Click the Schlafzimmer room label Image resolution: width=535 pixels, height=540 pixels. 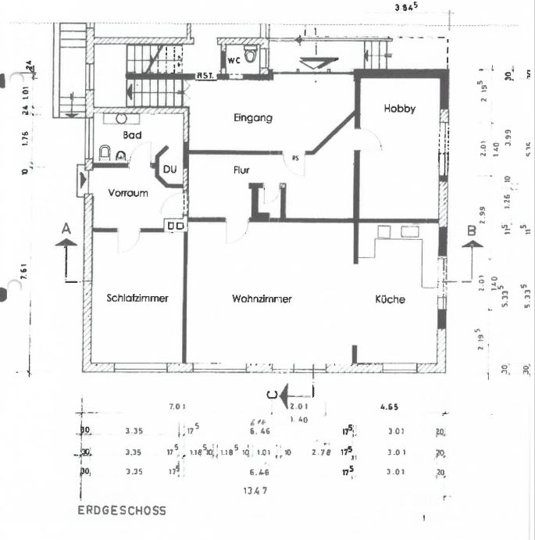[137, 298]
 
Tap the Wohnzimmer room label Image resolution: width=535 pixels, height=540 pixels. [262, 299]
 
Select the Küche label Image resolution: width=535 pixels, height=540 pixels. [390, 299]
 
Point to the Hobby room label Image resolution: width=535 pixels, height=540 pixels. [399, 109]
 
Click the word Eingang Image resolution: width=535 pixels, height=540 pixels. [252, 118]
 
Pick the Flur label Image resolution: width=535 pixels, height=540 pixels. [241, 169]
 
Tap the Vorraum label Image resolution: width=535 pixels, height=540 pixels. [128, 193]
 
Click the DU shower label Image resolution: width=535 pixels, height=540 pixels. [169, 166]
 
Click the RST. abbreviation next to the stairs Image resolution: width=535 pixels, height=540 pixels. [205, 76]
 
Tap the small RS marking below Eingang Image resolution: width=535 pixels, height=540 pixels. [295, 157]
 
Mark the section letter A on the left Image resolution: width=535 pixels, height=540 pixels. [66, 228]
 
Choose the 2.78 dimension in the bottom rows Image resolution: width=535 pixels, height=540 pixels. [320, 452]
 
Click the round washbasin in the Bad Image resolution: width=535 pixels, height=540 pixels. [122, 120]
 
